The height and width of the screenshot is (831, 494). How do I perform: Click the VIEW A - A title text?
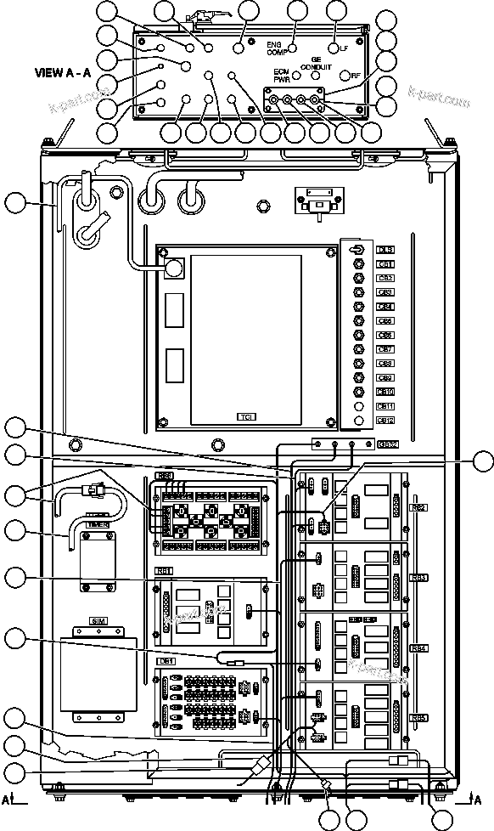pos(62,73)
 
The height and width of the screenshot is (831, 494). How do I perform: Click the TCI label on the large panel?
pos(246,417)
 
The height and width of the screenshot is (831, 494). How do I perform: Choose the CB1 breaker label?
pos(385,264)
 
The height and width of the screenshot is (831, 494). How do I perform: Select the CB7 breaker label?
pos(385,349)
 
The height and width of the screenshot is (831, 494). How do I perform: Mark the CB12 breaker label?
pos(385,420)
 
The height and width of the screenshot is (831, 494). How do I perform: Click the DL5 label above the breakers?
pos(385,250)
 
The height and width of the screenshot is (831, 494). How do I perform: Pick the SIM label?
pos(98,621)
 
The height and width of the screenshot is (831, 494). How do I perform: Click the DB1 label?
pos(167,661)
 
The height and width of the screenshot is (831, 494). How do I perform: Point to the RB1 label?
pos(165,570)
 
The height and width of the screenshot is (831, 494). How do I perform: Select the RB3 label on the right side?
pos(418,578)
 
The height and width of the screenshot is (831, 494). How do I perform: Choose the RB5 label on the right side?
pos(418,718)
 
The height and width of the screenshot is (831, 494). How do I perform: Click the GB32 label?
pos(386,444)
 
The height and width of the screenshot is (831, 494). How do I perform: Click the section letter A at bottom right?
pos(480,800)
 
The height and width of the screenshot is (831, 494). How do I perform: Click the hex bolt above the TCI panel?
pos(262,205)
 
